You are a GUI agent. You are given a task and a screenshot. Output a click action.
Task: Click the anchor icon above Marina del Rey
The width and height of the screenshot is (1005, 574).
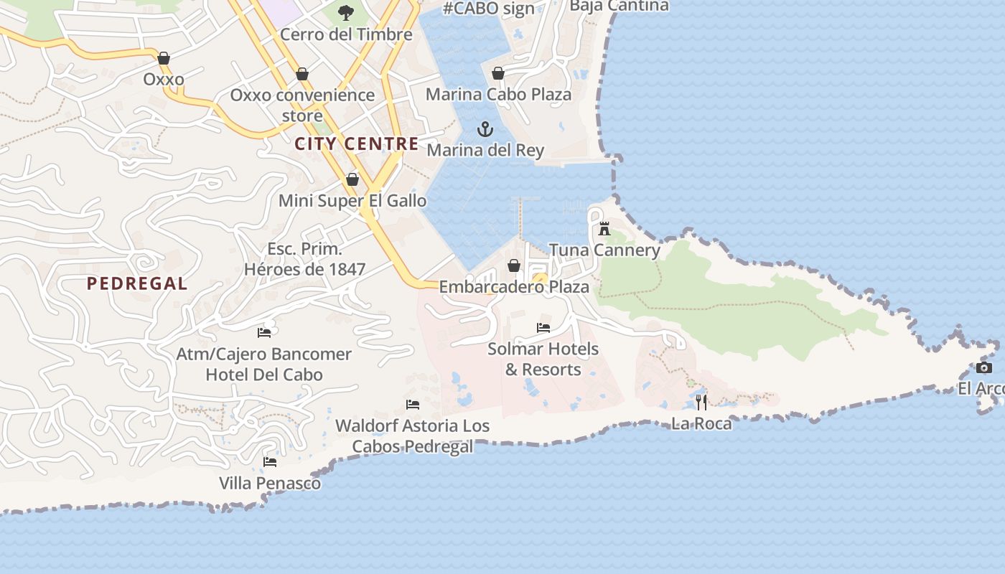[x=486, y=130]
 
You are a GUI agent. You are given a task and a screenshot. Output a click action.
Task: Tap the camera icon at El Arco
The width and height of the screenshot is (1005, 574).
[x=984, y=368]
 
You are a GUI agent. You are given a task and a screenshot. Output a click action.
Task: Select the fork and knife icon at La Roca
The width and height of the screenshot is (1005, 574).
[x=701, y=402]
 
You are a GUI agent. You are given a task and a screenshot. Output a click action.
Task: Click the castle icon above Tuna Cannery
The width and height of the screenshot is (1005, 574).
[x=604, y=229]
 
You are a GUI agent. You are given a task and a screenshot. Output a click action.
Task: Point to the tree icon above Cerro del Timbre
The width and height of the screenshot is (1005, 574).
[x=346, y=12]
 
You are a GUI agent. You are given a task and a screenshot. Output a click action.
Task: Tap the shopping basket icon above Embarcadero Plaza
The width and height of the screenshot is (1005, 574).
[x=514, y=266]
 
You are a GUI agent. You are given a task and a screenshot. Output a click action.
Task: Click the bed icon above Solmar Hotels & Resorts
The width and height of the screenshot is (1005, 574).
[x=543, y=328]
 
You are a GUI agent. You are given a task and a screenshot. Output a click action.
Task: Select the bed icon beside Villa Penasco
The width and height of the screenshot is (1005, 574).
[x=270, y=461]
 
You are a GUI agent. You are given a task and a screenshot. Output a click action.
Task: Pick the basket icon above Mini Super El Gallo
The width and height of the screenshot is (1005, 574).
[x=352, y=179]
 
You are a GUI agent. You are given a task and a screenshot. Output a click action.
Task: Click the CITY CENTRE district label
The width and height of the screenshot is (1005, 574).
[x=357, y=143]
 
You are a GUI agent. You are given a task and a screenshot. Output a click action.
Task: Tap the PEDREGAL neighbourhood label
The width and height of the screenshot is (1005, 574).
[x=137, y=283]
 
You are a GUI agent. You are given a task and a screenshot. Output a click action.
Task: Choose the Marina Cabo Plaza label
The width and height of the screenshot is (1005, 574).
[x=499, y=94]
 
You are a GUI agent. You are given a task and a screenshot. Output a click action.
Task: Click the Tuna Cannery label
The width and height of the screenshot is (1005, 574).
[x=604, y=250]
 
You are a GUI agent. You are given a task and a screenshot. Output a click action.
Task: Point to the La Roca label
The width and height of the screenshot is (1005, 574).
[x=701, y=423]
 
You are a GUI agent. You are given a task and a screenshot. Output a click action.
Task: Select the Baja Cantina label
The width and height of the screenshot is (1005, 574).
[x=619, y=6]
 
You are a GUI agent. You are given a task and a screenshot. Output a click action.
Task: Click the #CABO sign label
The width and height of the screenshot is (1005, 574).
[x=489, y=9]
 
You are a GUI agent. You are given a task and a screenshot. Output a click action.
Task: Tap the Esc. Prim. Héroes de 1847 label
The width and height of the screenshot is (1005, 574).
[x=305, y=259]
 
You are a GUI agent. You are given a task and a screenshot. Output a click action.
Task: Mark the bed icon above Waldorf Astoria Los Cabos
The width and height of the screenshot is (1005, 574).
[x=413, y=405]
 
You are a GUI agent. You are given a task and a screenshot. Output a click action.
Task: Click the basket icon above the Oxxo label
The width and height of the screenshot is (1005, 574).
[x=164, y=58]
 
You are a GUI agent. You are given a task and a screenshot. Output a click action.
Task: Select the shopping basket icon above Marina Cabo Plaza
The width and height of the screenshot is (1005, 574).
[x=498, y=73]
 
